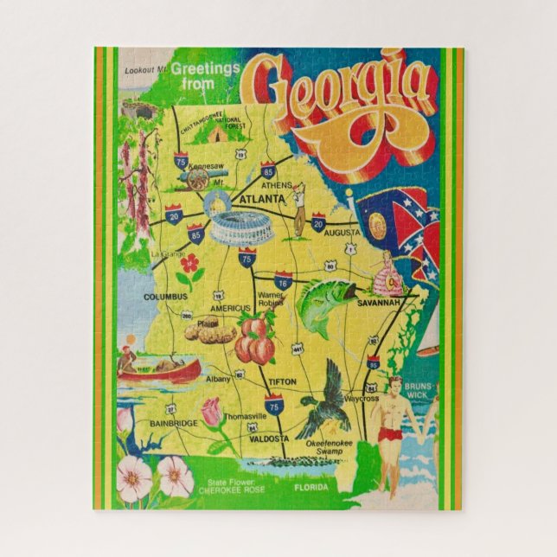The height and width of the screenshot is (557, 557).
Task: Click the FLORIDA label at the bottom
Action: point(311,488)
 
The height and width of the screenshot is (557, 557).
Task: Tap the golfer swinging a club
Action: point(299,210)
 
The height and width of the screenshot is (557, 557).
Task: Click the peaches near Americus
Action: point(256,339)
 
